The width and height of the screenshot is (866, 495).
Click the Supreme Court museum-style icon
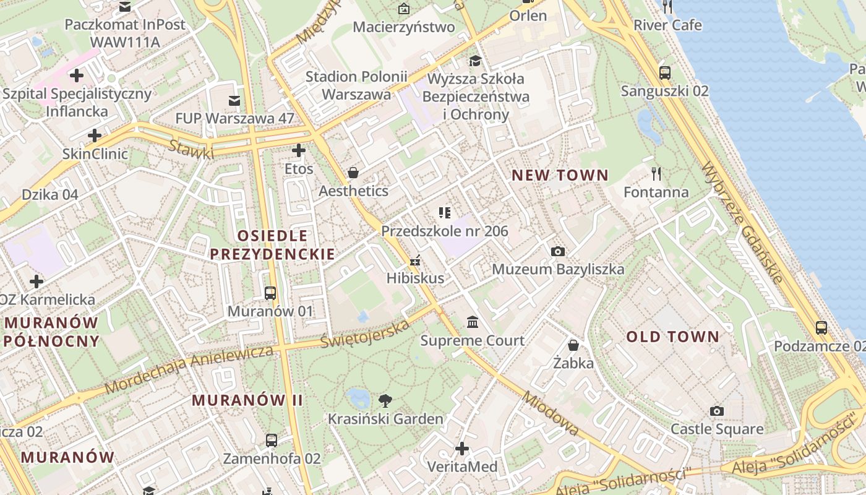[473, 322]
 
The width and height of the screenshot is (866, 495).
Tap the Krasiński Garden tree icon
[385, 400]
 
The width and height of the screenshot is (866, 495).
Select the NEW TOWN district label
[560, 175]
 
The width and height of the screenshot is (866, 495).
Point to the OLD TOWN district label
[673, 337]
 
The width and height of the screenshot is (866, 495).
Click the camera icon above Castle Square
[717, 411]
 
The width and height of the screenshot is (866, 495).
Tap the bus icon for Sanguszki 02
[665, 72]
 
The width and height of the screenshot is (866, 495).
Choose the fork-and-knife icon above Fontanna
[656, 173]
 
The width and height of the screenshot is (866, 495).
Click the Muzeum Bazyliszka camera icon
[558, 251]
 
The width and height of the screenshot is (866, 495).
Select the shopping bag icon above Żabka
[573, 345]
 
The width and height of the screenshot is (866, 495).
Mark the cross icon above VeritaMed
[462, 448]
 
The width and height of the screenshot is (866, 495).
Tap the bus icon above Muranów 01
[270, 293]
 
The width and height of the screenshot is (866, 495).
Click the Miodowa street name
[551, 413]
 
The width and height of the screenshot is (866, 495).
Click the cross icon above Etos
[299, 150]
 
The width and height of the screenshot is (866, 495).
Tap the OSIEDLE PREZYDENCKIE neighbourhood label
[272, 244]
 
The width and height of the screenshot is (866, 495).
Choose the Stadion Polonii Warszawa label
[356, 85]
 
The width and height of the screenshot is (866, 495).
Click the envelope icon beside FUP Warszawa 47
[234, 100]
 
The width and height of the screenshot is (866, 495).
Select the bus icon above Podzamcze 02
[821, 327]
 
